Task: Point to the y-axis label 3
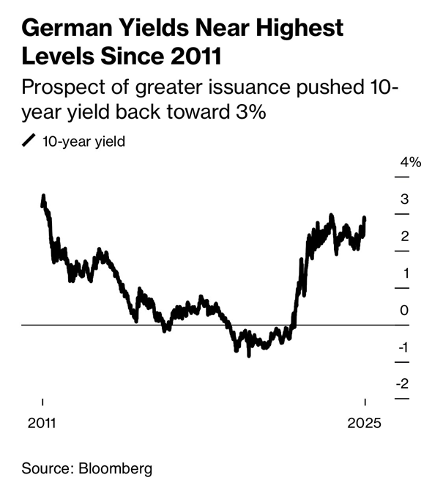(x=404, y=199)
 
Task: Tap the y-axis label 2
(x=404, y=236)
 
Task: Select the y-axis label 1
(x=404, y=273)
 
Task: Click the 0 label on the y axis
(x=404, y=311)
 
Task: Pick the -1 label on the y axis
(x=403, y=347)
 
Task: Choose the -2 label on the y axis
(x=403, y=384)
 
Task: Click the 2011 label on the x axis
(x=42, y=423)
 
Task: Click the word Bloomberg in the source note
(x=111, y=467)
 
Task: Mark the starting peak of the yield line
(x=43, y=196)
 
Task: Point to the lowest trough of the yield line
(x=249, y=355)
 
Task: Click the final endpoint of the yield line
(x=365, y=218)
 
